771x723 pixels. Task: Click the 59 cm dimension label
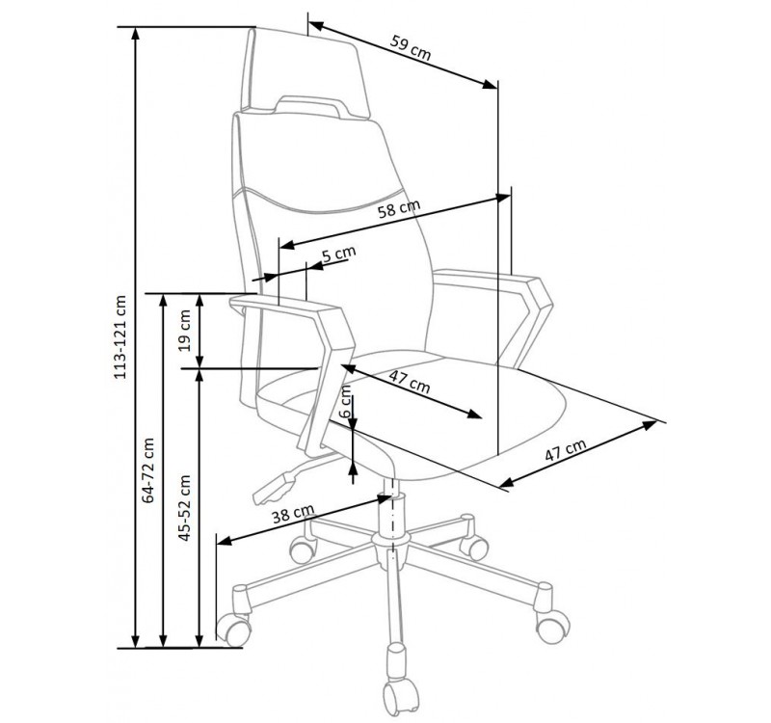coord(411,47)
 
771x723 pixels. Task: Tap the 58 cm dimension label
coord(399,208)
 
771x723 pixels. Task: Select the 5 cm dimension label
coord(339,254)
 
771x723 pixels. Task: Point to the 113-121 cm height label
coord(120,336)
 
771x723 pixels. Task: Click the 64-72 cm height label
coord(148,469)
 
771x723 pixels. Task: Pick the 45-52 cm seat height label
coord(184,508)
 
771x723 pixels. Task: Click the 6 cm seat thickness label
coord(347,400)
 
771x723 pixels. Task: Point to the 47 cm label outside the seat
coord(566,449)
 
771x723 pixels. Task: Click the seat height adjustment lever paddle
coord(275,489)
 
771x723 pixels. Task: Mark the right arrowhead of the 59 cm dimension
coord(490,84)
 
